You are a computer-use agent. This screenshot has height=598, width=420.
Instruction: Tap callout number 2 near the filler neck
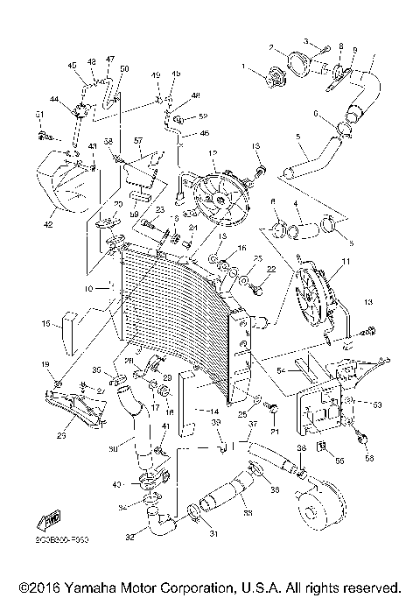(271, 47)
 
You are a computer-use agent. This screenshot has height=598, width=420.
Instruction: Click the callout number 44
(54, 102)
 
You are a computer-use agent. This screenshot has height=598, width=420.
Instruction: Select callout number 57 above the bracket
(137, 140)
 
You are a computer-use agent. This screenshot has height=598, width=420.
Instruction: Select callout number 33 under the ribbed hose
(225, 512)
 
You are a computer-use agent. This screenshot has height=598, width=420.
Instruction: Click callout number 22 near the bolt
(270, 268)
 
